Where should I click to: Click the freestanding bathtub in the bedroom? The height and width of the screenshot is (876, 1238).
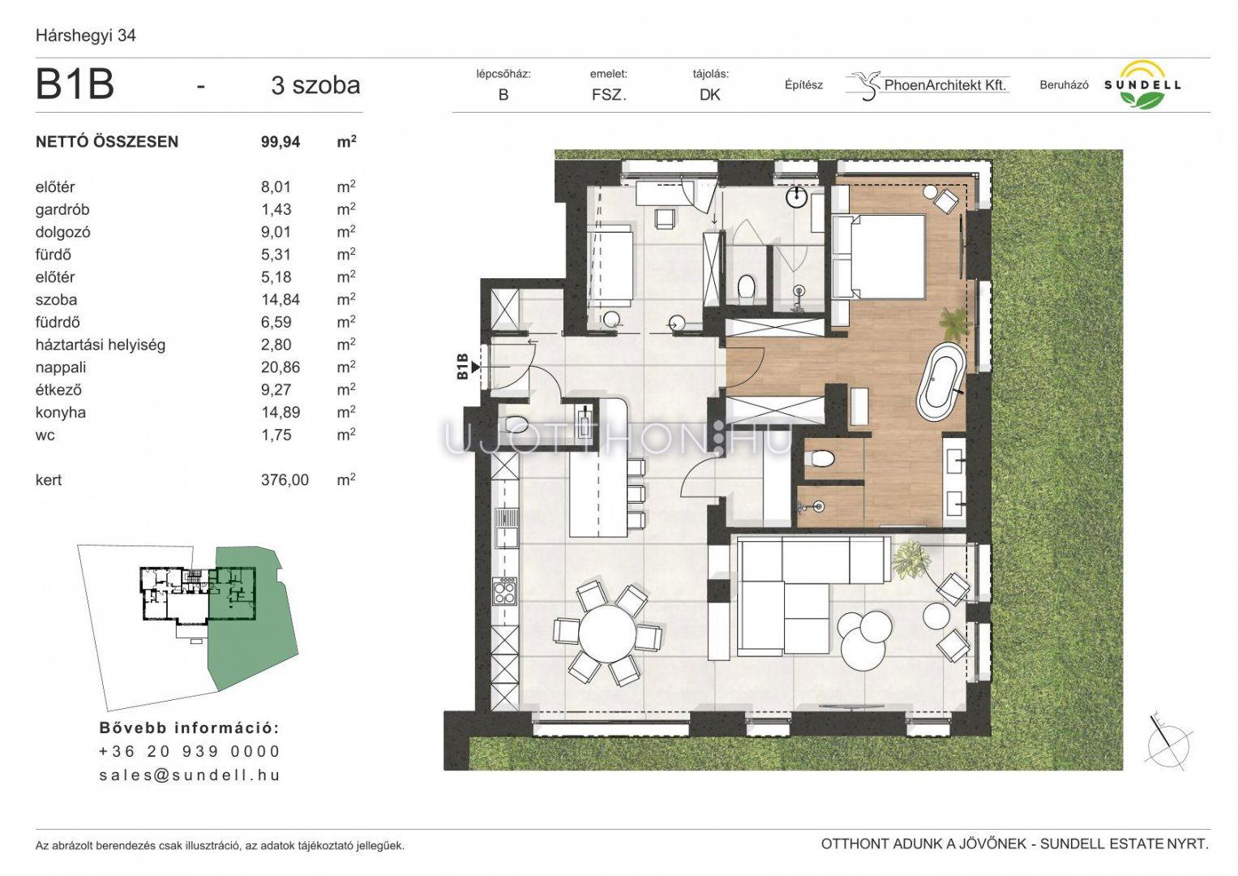click(x=940, y=388)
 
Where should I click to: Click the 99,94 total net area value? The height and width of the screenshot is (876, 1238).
click(x=281, y=142)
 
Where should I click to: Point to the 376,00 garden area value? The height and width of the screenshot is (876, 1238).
click(x=285, y=479)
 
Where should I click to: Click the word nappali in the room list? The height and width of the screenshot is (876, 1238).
click(x=61, y=367)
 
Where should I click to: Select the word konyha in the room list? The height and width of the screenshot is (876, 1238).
click(x=61, y=412)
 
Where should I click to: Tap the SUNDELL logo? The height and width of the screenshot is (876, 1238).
click(x=1142, y=85)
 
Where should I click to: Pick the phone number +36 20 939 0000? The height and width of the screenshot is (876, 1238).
click(x=190, y=751)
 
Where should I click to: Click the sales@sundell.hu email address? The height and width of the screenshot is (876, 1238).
click(x=190, y=775)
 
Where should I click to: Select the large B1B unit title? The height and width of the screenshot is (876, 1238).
click(x=75, y=84)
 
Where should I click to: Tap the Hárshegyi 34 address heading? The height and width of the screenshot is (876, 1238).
click(x=86, y=36)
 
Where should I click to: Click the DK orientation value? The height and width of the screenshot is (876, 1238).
click(x=709, y=95)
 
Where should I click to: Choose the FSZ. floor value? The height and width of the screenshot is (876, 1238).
click(x=609, y=95)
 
